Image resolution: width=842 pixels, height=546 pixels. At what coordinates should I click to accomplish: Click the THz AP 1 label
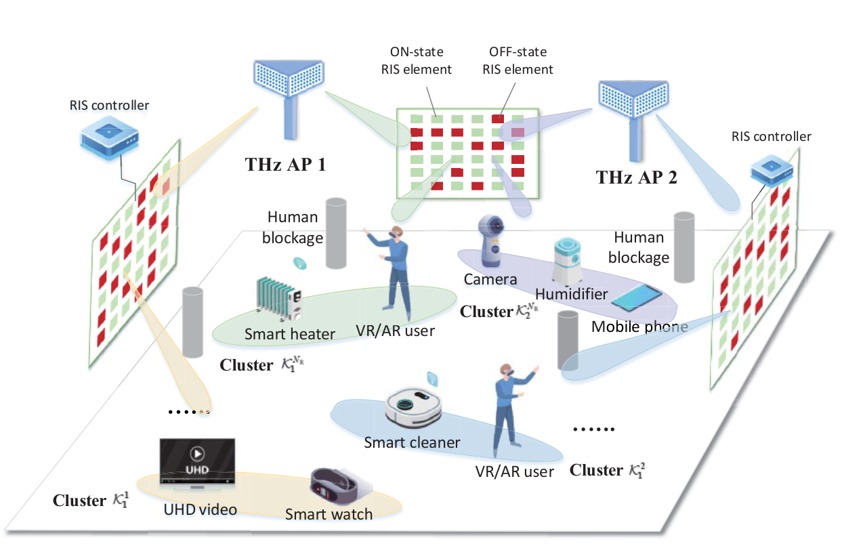(x=285, y=165)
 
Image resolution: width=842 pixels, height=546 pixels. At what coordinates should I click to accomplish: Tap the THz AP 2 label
(x=636, y=177)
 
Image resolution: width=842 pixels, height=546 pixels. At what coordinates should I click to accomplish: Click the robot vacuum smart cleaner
(x=413, y=408)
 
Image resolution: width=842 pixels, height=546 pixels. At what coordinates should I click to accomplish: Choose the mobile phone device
(x=636, y=297)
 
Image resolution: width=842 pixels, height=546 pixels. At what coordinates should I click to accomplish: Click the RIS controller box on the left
(x=109, y=138)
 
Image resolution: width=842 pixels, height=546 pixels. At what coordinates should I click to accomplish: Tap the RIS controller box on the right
(x=772, y=171)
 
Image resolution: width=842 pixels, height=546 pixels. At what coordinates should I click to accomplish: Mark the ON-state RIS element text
(x=417, y=60)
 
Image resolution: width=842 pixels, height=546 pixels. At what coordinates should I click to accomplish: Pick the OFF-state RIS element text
(x=518, y=60)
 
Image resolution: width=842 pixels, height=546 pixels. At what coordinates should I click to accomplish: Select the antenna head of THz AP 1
(x=289, y=77)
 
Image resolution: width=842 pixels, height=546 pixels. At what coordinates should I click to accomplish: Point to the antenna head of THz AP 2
(x=633, y=98)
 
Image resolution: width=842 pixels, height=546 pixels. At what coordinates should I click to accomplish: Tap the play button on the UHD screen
(x=197, y=453)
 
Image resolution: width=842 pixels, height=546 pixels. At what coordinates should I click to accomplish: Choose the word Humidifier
(x=571, y=294)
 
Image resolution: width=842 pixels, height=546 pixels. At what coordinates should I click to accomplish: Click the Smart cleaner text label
(x=412, y=442)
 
